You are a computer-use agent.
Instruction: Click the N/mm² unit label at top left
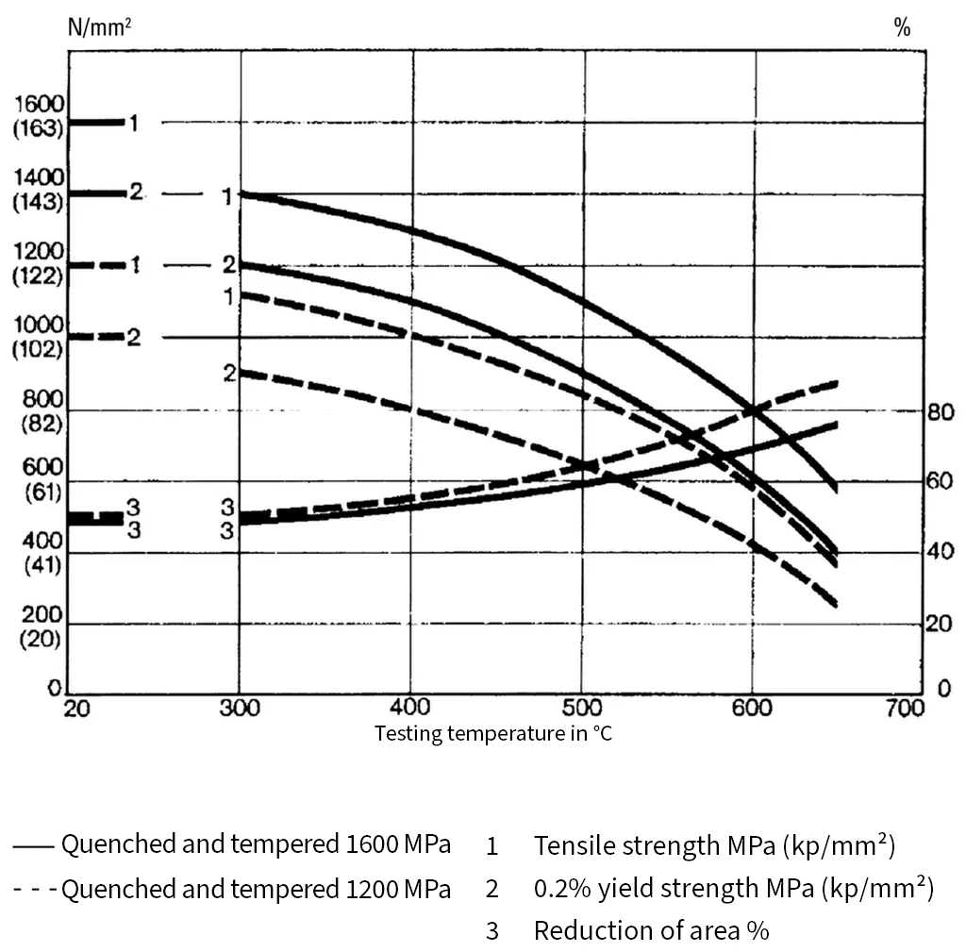[99, 26]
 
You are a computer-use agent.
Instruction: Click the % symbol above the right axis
[902, 27]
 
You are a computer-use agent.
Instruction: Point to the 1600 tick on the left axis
[39, 103]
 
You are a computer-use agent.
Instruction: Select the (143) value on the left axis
[39, 201]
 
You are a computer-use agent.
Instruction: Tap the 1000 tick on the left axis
[39, 325]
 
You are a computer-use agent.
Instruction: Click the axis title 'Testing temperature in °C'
[493, 733]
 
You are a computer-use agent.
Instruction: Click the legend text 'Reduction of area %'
[651, 930]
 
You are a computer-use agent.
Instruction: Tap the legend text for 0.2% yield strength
[733, 888]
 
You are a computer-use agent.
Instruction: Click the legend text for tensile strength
[714, 845]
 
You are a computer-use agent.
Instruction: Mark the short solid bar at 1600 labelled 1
[97, 122]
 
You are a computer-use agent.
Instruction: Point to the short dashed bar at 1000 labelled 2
[97, 337]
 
